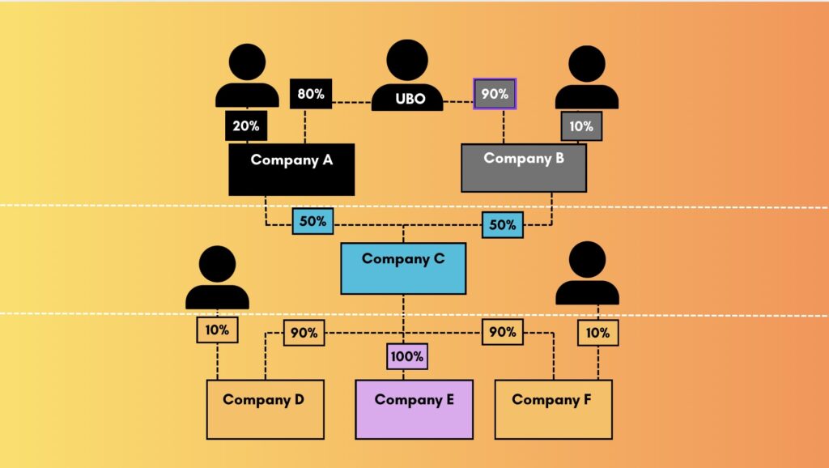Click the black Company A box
pos(291,169)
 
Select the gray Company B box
pos(524,168)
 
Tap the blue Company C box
pos(403,268)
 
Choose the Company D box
pos(265,409)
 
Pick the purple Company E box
pos(414,409)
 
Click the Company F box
pos(553,409)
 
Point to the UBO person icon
pos(407,76)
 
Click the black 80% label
pos(311,94)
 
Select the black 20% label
pos(247,126)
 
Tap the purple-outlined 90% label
pos(495,94)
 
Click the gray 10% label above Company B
pos(581,126)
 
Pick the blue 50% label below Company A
pos(312,221)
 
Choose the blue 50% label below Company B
pos(503,225)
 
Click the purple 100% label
pos(406,356)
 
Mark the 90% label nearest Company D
pos(304,333)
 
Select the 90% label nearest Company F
pos(503,332)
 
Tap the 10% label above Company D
pos(217,330)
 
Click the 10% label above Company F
pos(598,332)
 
